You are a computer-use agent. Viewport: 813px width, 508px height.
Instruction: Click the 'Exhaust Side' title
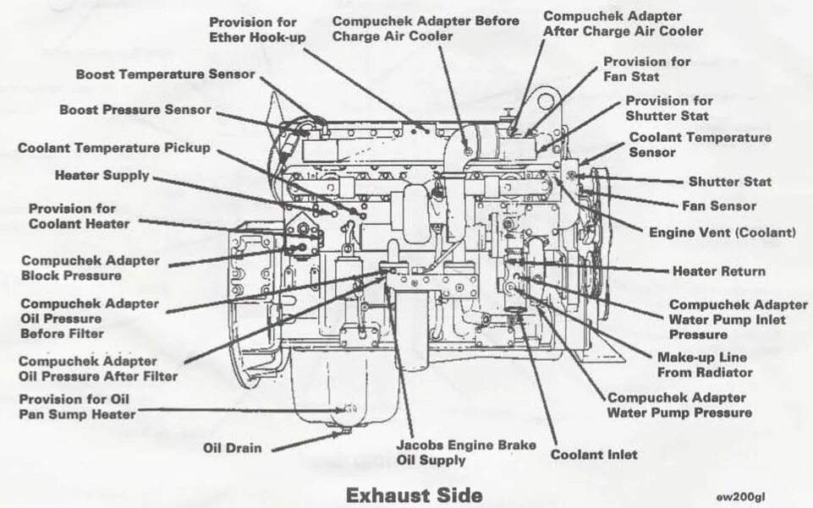(414, 493)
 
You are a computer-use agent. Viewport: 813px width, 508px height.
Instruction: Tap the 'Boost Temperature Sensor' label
(165, 74)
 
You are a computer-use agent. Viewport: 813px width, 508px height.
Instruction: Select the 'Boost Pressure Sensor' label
(135, 110)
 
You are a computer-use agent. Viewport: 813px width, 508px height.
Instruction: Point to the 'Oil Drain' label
(233, 448)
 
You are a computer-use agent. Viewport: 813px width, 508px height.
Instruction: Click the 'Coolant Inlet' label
(594, 454)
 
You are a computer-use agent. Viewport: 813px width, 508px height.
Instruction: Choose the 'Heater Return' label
(718, 271)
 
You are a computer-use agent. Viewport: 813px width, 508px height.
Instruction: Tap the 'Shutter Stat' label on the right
(729, 181)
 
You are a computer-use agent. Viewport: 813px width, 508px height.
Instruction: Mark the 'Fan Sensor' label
(718, 205)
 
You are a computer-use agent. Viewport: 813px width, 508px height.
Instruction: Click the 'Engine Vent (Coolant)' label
(722, 232)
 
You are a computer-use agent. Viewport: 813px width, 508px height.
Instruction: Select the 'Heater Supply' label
(102, 176)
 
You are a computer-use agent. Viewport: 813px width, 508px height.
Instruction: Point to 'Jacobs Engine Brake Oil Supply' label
(442, 452)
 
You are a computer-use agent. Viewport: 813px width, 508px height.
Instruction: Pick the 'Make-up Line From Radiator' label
(705, 364)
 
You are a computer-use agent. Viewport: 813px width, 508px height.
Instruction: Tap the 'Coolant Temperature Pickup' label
(114, 148)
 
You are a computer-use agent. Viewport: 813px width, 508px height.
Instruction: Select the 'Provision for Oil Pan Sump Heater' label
(77, 407)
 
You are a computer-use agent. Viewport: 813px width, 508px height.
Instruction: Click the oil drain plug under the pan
(344, 434)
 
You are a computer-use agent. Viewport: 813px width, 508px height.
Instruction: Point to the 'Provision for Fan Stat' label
(646, 68)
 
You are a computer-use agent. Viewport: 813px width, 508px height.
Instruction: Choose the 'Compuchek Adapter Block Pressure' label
(90, 268)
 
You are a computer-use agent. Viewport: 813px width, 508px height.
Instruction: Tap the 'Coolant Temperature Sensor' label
(700, 145)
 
